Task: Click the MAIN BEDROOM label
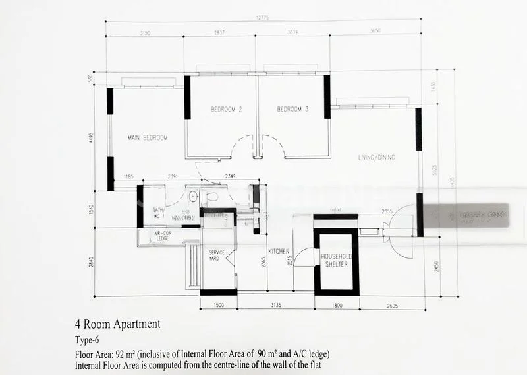tap(148, 138)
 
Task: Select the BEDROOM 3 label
tap(293, 109)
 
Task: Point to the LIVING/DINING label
tap(376, 158)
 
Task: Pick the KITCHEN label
tap(279, 252)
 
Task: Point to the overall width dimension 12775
tap(264, 18)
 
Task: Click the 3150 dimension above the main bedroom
tap(145, 32)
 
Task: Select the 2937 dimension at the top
tap(220, 32)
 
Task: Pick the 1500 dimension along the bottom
tap(219, 305)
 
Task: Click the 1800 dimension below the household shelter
tap(337, 305)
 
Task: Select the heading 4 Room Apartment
tap(117, 324)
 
